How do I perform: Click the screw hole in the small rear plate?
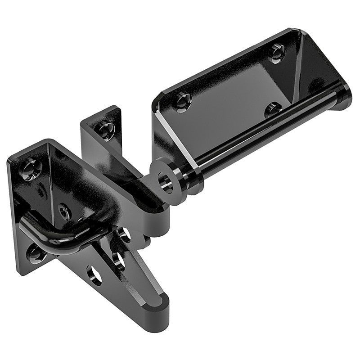(x=106, y=130)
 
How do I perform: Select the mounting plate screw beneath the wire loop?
(x=36, y=253)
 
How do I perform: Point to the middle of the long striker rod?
(x=265, y=135)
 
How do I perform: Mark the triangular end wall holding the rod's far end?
(x=319, y=67)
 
